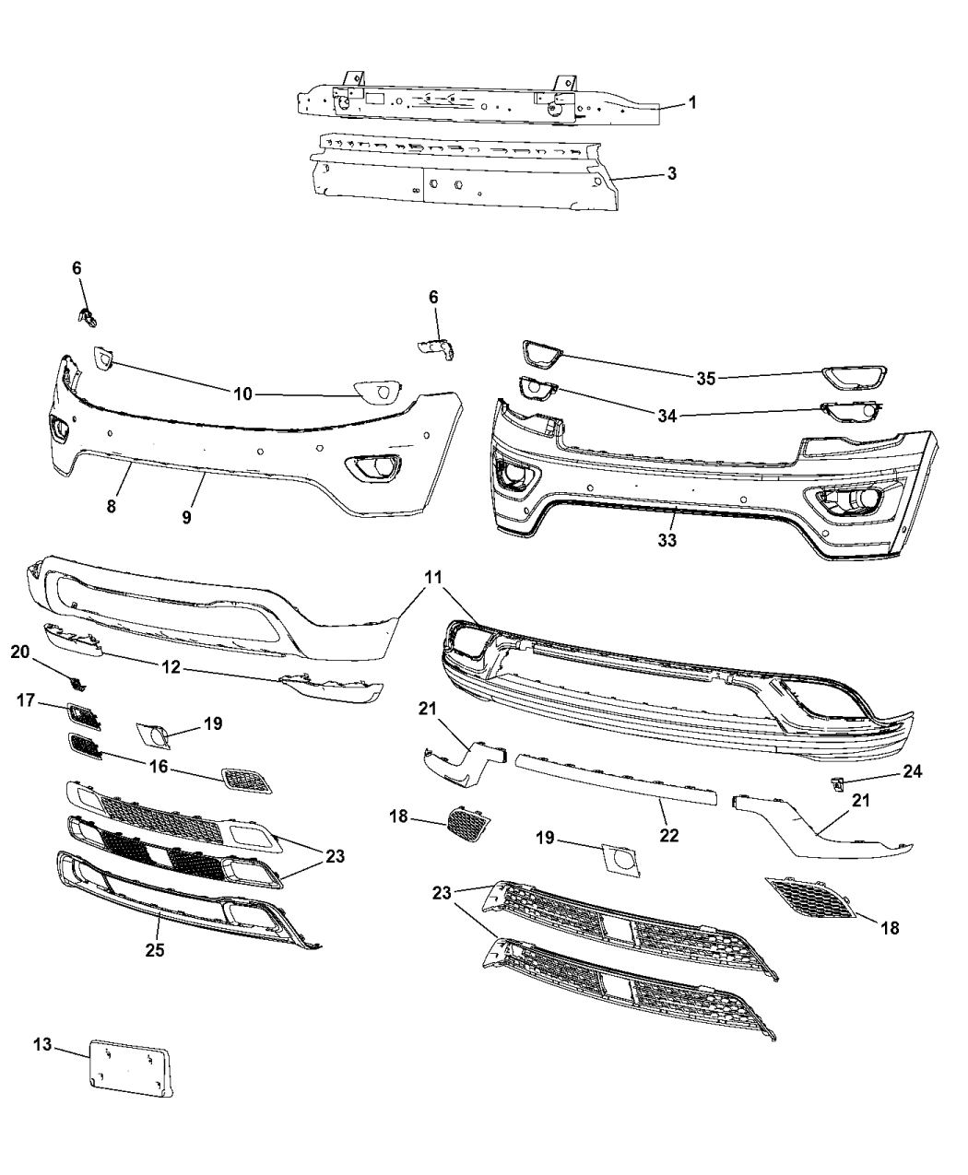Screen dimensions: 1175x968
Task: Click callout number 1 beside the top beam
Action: click(692, 102)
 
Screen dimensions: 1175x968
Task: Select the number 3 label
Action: click(672, 172)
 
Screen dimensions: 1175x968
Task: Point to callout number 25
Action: click(154, 949)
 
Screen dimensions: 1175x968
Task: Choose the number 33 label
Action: click(667, 540)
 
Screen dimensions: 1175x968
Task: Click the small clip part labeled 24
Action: click(837, 784)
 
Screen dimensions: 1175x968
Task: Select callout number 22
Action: click(668, 835)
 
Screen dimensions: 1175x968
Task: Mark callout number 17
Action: click(26, 701)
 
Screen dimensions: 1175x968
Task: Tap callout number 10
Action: click(242, 394)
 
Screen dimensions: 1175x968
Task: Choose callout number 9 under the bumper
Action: click(186, 517)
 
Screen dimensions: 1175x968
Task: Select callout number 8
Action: click(111, 506)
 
